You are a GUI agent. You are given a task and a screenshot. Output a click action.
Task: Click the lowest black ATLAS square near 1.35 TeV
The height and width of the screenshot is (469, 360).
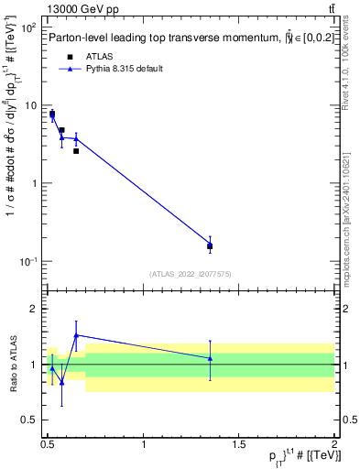[210, 245]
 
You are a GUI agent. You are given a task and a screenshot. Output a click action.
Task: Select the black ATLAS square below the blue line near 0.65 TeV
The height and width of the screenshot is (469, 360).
[76, 150]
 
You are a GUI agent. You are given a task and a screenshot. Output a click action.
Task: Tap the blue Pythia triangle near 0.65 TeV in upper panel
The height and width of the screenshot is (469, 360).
[76, 138]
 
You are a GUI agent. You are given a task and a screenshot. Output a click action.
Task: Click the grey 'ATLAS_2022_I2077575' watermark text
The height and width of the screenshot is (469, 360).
[191, 274]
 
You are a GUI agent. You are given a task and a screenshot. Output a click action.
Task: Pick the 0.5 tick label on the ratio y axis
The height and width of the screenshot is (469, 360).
[31, 420]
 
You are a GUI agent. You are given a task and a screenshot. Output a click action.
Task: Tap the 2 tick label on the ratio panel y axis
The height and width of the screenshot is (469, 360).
[35, 309]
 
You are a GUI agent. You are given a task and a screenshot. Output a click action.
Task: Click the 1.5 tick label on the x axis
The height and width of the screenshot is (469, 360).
[239, 444]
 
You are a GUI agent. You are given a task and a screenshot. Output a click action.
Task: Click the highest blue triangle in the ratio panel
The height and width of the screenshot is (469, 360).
[76, 335]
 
